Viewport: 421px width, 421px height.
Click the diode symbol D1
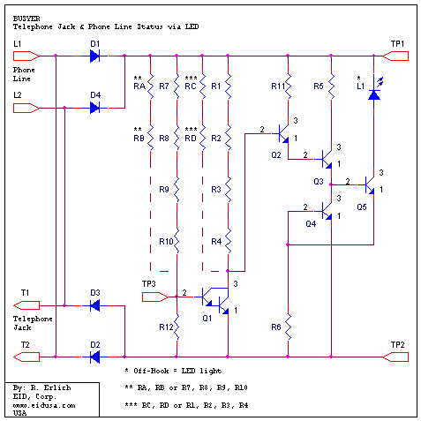point(94,56)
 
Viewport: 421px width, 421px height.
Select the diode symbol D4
point(94,108)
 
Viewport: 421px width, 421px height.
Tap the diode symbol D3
point(94,305)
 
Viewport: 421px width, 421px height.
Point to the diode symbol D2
point(94,357)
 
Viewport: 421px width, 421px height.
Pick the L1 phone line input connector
point(26,56)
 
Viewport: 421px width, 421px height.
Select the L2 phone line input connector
point(26,108)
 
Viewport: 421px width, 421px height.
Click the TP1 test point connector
point(395,56)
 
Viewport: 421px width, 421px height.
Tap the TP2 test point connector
point(395,357)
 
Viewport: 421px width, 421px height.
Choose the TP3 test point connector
point(155,297)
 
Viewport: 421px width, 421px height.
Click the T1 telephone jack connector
point(26,305)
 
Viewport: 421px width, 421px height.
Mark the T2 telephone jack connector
point(26,357)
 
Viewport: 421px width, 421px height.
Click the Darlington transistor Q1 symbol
point(215,301)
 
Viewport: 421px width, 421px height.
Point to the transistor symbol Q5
point(370,185)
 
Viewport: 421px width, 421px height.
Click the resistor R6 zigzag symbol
point(289,327)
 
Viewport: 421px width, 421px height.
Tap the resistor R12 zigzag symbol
point(177,327)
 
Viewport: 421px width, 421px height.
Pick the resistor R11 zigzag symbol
point(289,86)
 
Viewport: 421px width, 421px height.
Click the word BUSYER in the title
point(26,19)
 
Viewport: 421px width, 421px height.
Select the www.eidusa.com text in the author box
point(44,405)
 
